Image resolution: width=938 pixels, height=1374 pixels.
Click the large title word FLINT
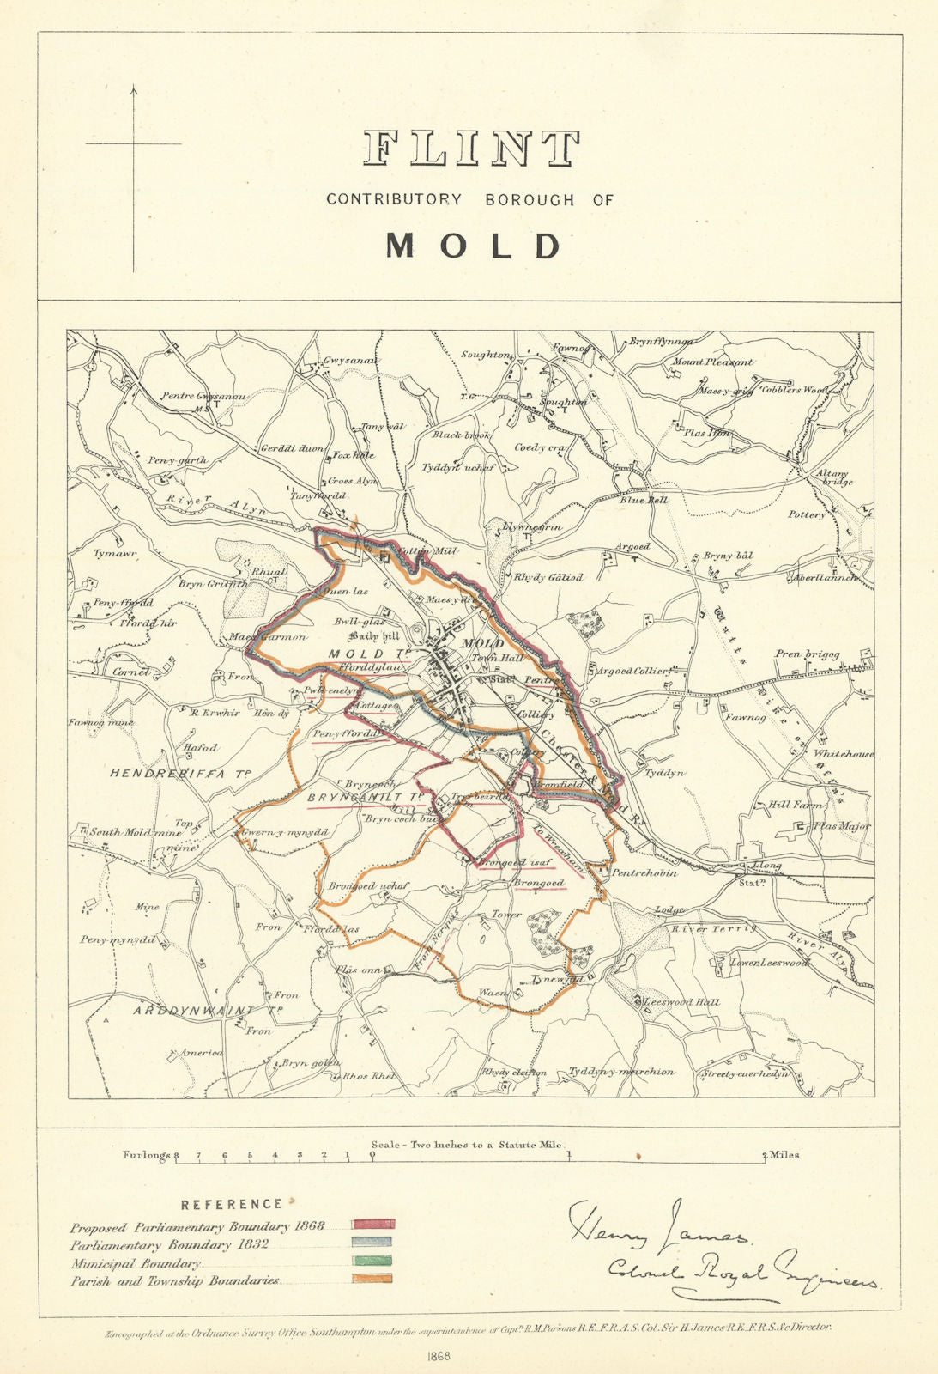[x=471, y=149]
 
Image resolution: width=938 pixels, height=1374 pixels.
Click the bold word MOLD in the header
[x=473, y=246]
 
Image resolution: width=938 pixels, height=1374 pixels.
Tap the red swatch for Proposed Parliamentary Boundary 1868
[x=373, y=1223]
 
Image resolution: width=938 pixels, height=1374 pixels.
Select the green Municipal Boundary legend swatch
[x=373, y=1260]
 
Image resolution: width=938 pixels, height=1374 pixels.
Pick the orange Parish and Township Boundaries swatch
[x=373, y=1279]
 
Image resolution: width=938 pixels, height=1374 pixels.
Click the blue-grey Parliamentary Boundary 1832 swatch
[x=373, y=1241]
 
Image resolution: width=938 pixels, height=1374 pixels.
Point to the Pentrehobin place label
[x=644, y=872]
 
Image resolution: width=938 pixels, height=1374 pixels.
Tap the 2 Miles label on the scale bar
[x=781, y=1155]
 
